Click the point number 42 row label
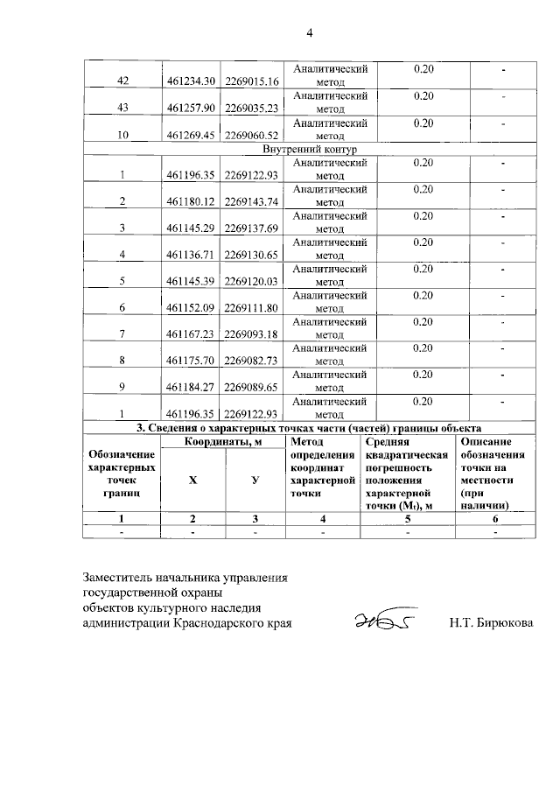[122, 81]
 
